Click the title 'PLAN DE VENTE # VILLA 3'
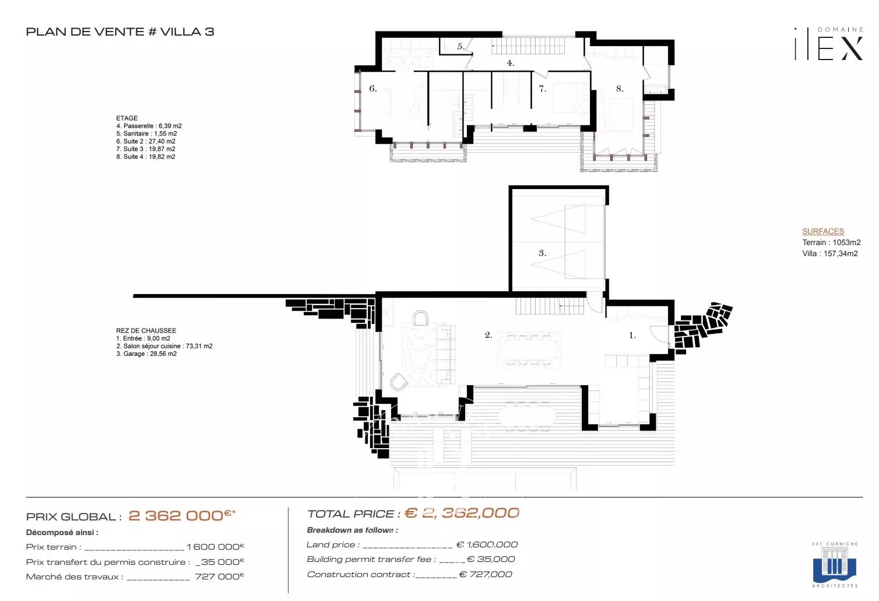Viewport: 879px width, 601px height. (120, 32)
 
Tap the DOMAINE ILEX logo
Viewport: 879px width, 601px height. (829, 44)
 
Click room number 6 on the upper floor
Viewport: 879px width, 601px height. (373, 88)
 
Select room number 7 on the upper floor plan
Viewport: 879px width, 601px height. (542, 89)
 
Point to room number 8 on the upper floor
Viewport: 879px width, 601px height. (620, 89)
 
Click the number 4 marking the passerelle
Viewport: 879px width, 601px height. (510, 63)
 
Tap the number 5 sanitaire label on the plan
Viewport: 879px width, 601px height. (460, 46)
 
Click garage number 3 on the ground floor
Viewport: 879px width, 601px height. (542, 253)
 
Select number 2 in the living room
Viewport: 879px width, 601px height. (488, 335)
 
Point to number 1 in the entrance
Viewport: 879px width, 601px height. (632, 335)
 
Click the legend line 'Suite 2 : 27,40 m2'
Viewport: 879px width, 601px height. (146, 141)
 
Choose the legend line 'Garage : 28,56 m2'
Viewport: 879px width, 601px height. (146, 354)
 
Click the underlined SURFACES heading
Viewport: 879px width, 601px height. (823, 232)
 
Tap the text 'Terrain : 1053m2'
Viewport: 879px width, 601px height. (831, 242)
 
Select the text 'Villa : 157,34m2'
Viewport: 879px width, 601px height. (830, 253)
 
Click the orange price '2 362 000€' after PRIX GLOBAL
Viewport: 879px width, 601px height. (182, 515)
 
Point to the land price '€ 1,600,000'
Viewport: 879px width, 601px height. (487, 544)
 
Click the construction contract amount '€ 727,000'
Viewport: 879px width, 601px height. (486, 574)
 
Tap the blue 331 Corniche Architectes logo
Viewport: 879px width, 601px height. (835, 565)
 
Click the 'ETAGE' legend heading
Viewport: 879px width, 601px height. (126, 118)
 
